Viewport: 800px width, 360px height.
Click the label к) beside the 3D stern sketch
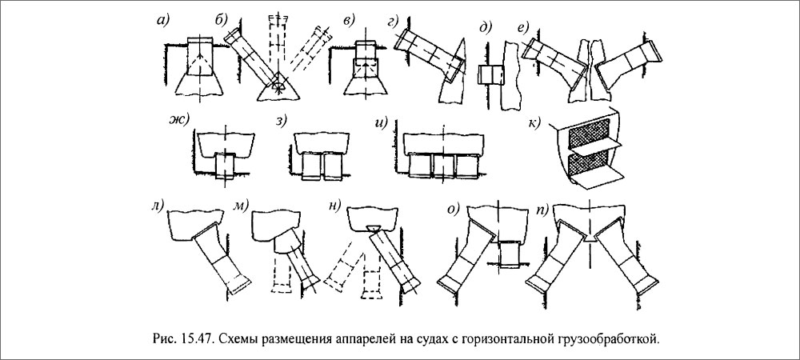click(532, 122)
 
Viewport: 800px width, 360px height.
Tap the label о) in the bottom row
click(454, 210)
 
